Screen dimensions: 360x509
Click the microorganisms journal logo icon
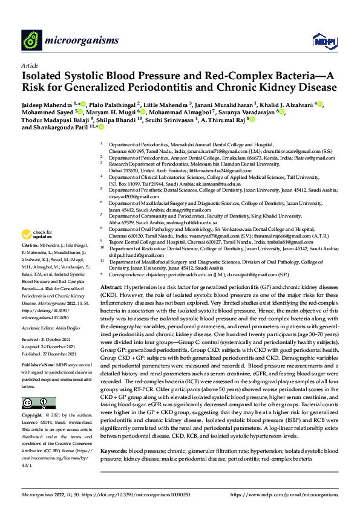30,41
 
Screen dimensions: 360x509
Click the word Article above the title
29,65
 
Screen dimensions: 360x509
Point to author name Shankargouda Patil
62,128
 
